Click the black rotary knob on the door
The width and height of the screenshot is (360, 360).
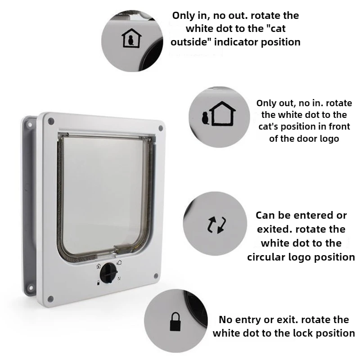[108, 273]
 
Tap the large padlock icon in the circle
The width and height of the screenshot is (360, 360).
[175, 322]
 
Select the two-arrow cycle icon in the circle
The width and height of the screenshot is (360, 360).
[217, 225]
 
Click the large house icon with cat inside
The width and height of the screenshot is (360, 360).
[131, 38]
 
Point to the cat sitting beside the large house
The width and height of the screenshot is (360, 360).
[205, 118]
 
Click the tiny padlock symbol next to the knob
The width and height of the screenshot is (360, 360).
[98, 283]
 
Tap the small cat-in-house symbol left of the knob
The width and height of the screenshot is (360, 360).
[99, 266]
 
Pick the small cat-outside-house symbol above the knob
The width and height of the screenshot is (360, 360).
[119, 262]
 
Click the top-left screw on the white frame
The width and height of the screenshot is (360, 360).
[51, 121]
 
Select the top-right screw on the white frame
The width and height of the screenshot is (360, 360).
[161, 128]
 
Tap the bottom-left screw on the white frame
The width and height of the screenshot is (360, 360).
[50, 299]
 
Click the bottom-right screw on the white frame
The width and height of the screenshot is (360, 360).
[156, 276]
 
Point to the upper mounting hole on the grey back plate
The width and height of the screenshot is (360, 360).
[30, 125]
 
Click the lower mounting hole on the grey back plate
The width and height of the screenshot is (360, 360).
[30, 288]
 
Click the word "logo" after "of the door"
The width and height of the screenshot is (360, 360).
[329, 139]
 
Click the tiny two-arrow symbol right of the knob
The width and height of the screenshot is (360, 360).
[119, 279]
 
